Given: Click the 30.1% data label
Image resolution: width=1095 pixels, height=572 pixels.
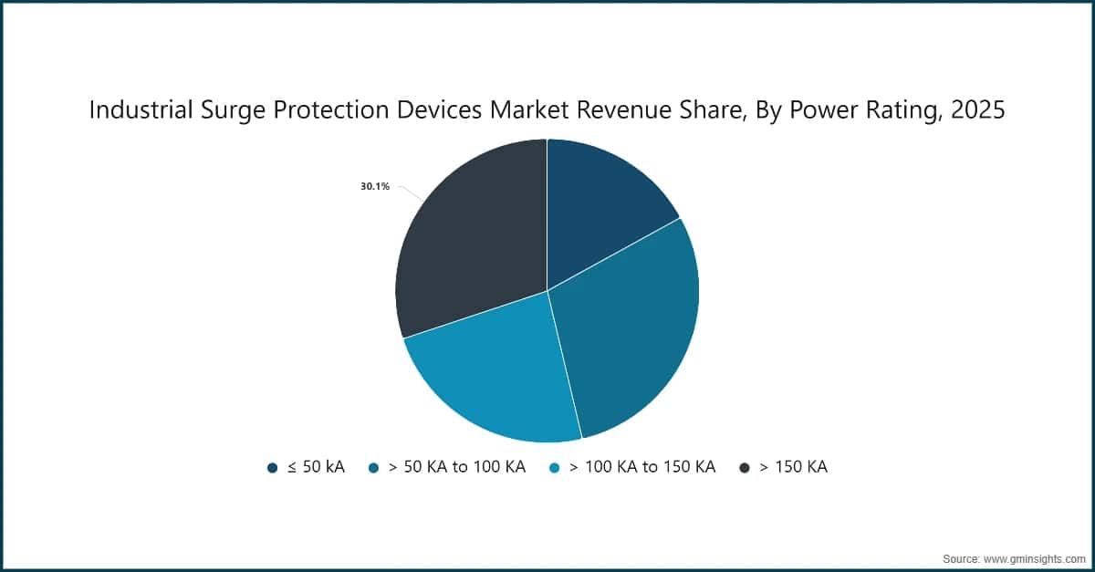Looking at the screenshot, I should (x=375, y=187).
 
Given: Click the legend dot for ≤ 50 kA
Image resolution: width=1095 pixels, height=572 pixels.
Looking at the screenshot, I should (x=272, y=468).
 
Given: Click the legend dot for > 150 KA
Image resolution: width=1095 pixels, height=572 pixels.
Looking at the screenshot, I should (x=744, y=468).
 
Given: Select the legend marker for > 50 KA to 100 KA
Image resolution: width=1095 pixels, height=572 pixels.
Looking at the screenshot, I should (x=373, y=468).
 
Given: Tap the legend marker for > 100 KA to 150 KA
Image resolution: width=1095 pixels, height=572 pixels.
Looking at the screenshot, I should (x=553, y=468).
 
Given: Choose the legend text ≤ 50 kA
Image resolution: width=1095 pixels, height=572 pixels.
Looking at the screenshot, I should (x=316, y=467).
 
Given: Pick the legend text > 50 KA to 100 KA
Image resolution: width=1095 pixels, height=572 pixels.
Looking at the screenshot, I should (x=456, y=467).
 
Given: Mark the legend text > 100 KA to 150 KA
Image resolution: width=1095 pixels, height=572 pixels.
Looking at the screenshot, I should (x=641, y=467).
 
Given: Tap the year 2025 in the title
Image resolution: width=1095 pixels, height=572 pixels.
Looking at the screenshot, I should (x=979, y=110).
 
